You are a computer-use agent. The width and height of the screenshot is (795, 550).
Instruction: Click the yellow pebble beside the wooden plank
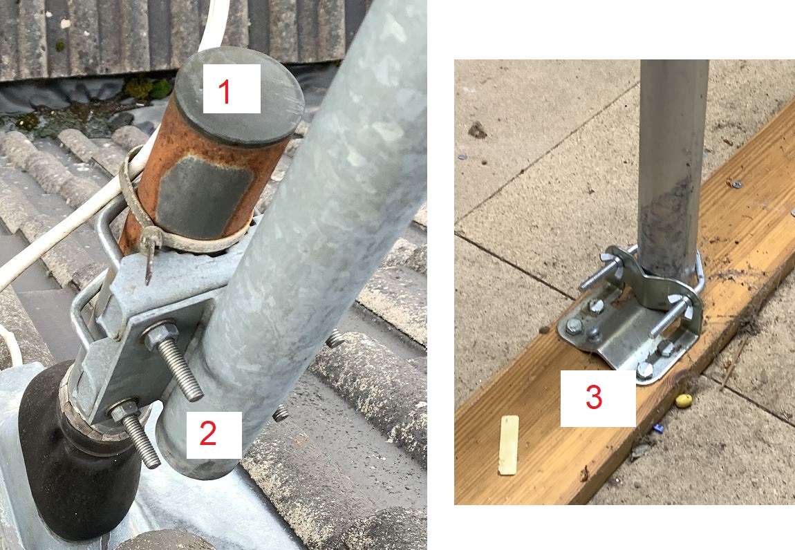684,401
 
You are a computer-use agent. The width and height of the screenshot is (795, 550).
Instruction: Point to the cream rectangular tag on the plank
509,445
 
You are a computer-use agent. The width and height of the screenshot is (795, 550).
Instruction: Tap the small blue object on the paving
659,428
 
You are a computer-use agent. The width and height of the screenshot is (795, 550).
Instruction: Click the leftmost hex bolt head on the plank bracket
573,325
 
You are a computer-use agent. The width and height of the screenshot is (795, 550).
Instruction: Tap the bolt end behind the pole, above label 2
335,338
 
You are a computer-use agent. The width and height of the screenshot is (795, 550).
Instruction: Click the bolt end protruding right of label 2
280,413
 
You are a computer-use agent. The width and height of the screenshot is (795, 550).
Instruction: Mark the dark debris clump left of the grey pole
476,131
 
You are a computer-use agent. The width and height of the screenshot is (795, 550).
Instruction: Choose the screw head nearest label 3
644,370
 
